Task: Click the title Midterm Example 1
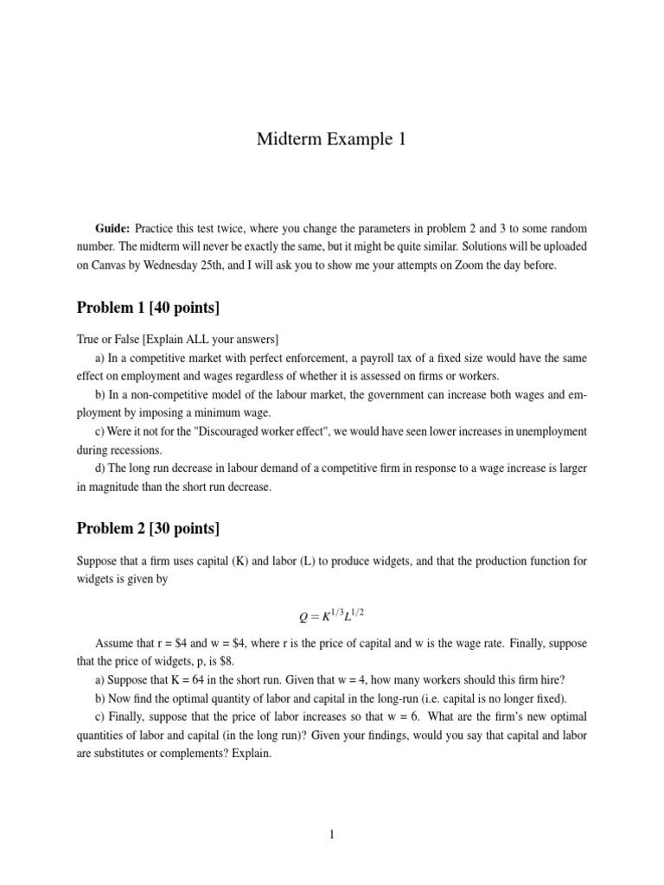(x=331, y=140)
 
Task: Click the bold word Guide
(x=112, y=228)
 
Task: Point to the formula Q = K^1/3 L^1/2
(x=331, y=614)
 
